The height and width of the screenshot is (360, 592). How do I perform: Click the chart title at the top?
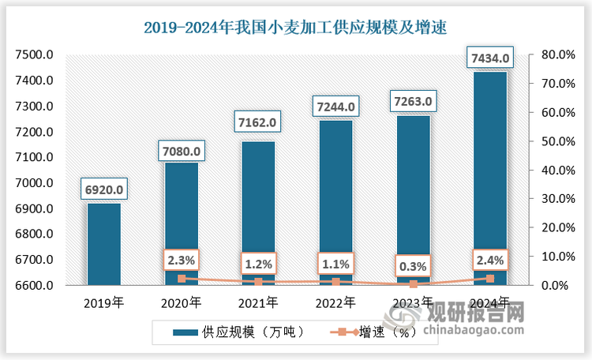tap(295, 28)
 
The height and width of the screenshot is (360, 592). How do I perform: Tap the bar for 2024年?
tap(489, 174)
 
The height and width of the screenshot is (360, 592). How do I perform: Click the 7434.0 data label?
tap(489, 58)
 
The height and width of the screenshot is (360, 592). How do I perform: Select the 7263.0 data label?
tap(413, 101)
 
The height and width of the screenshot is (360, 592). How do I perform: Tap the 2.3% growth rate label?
tap(182, 259)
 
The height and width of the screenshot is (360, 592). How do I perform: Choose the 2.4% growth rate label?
tap(489, 259)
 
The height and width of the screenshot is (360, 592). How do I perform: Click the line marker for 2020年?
tap(182, 279)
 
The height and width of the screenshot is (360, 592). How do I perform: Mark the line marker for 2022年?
tap(335, 282)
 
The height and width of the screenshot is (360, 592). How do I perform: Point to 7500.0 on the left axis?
tap(34, 54)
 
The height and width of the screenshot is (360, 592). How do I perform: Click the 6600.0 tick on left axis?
tap(34, 285)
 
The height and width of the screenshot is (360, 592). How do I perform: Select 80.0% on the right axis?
tap(555, 54)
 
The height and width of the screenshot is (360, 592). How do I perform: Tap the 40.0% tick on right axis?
tap(555, 170)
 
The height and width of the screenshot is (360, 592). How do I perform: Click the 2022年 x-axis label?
tap(335, 302)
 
